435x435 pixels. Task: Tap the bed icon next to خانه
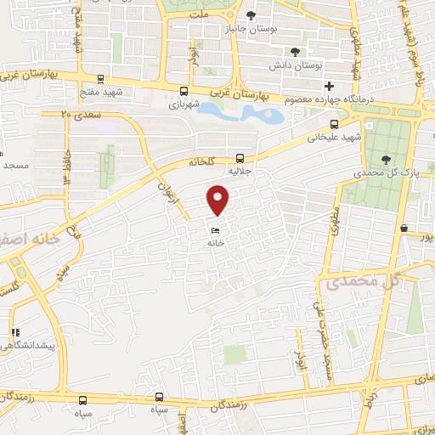pyautogui.click(x=216, y=230)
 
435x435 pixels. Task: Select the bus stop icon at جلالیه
pyautogui.click(x=240, y=157)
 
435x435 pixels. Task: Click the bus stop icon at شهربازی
pyautogui.click(x=184, y=91)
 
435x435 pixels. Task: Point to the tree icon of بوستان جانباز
pyautogui.click(x=251, y=15)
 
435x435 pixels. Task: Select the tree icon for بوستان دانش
pyautogui.click(x=295, y=51)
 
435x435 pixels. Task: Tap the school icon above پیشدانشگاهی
pyautogui.click(x=14, y=332)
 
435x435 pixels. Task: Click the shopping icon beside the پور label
pyautogui.click(x=404, y=229)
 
